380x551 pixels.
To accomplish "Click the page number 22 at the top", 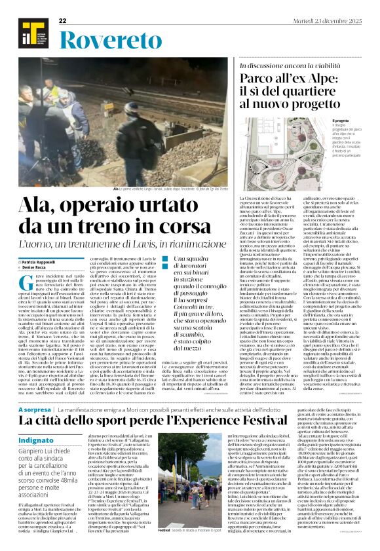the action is coord(63,22).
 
